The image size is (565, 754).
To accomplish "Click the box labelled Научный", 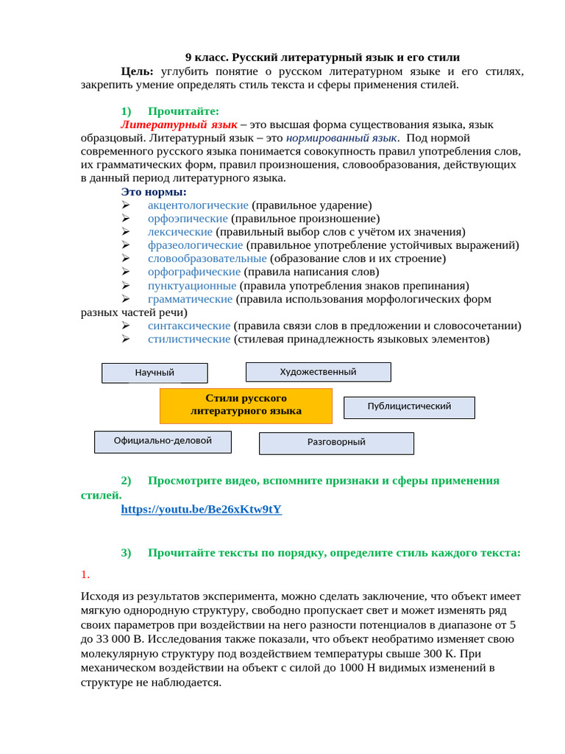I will (154, 373).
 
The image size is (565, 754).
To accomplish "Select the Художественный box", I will (318, 372).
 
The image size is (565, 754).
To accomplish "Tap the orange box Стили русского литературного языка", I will (246, 405).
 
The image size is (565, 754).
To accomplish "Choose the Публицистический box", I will (409, 406).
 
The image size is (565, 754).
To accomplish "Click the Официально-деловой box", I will (163, 441).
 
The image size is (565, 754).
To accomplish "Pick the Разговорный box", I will (336, 443).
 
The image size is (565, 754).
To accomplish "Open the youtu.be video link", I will (201, 509).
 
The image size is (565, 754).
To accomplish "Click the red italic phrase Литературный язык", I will (179, 124).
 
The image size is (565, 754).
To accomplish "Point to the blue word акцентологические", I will (198, 205).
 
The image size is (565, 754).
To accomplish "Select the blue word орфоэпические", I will (188, 219).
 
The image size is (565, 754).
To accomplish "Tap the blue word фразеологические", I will (195, 245).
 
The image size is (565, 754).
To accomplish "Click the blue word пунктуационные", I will (192, 286).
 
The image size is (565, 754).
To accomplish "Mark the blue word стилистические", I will (189, 339).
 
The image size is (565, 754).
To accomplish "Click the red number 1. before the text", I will (85, 574).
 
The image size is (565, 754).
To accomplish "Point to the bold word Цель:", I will (138, 71).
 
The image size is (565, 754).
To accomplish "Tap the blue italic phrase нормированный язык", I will (341, 138).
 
